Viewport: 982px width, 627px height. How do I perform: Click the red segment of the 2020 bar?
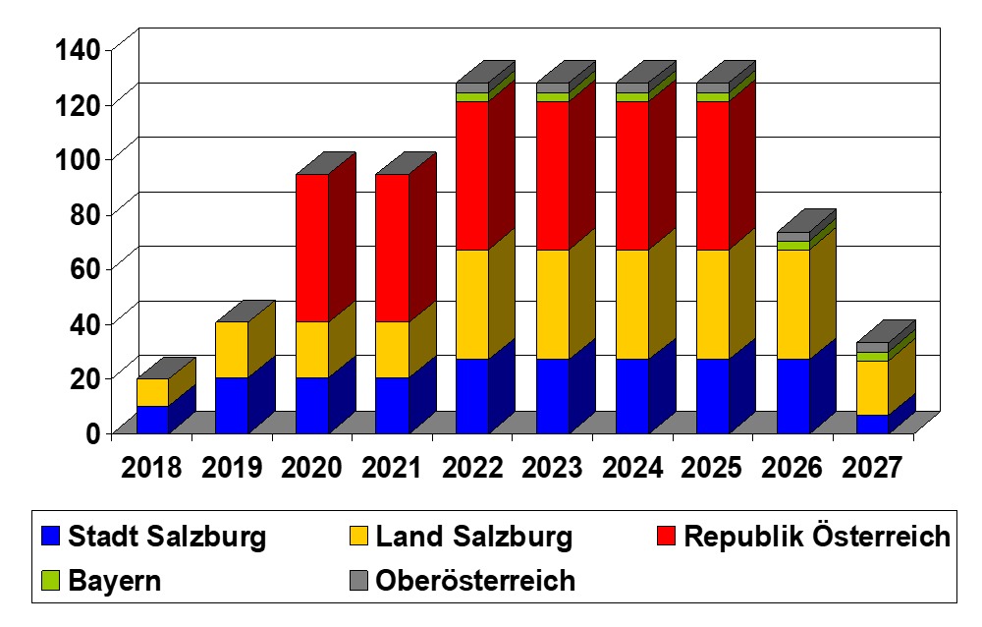pyautogui.click(x=311, y=248)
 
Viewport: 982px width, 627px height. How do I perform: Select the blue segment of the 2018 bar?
pyautogui.click(x=151, y=419)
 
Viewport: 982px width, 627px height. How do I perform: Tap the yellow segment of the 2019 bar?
pyautogui.click(x=231, y=349)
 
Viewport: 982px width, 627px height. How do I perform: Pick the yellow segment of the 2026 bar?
pyautogui.click(x=792, y=304)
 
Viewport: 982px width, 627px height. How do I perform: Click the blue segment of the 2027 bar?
pyautogui.click(x=872, y=424)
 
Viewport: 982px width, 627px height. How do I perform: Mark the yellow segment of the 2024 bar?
pyautogui.click(x=631, y=304)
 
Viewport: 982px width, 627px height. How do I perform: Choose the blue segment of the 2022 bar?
pyautogui.click(x=472, y=395)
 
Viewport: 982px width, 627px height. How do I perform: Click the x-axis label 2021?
pyautogui.click(x=393, y=467)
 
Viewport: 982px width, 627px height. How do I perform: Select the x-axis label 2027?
pyautogui.click(x=873, y=467)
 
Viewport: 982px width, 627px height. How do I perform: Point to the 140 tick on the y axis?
pyautogui.click(x=73, y=48)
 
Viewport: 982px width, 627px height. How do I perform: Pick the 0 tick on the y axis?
pyautogui.click(x=92, y=432)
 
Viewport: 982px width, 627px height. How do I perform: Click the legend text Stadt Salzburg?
pyautogui.click(x=167, y=537)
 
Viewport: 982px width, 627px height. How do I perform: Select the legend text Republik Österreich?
pyautogui.click(x=817, y=537)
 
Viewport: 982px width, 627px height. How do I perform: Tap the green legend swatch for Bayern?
pyautogui.click(x=51, y=581)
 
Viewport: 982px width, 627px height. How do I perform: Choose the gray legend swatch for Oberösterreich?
pyautogui.click(x=358, y=581)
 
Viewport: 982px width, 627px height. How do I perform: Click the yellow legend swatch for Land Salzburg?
pyautogui.click(x=358, y=537)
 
